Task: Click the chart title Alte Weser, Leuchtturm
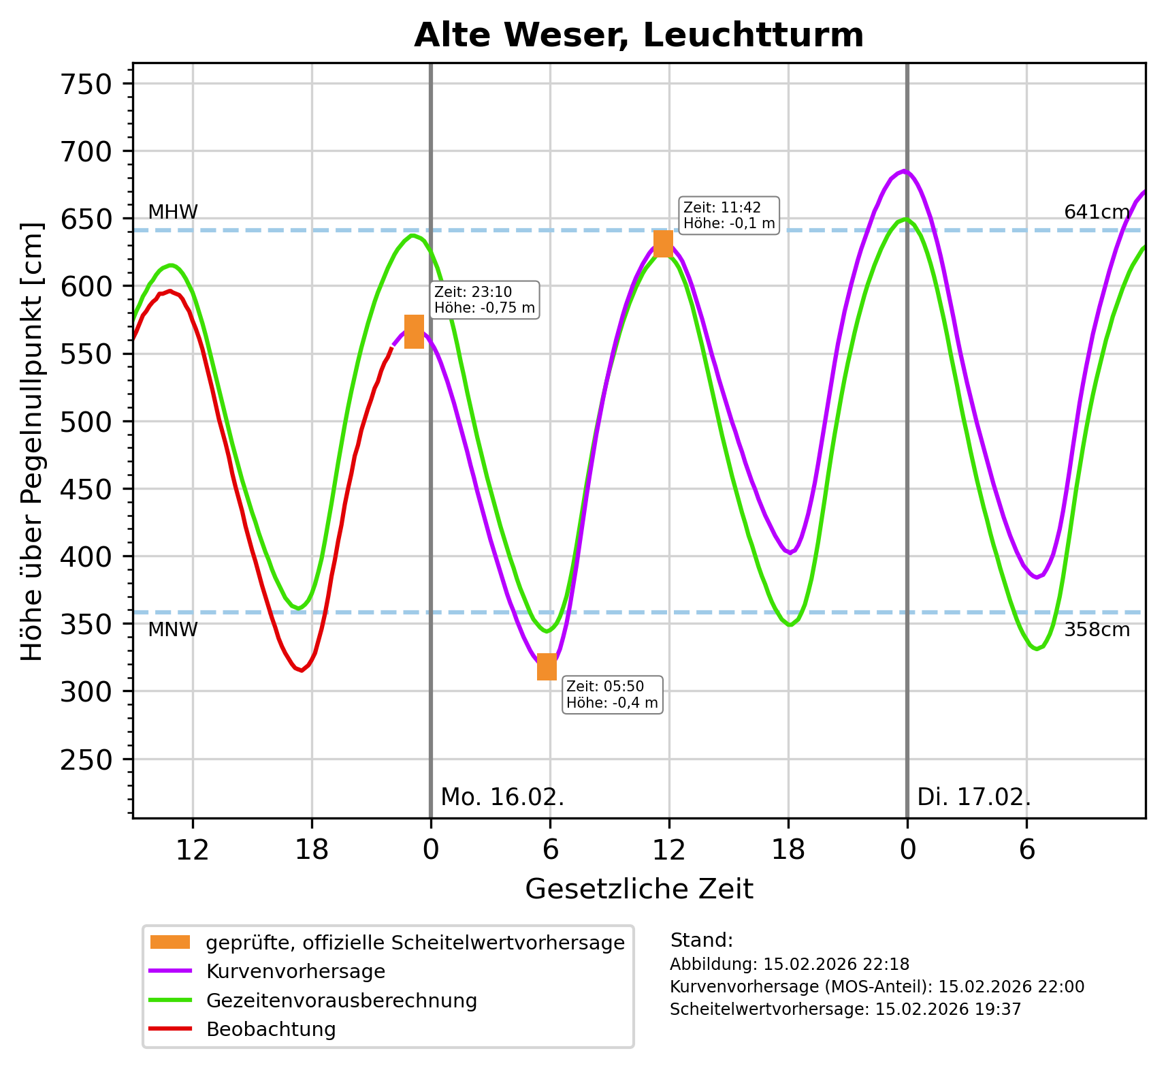[638, 35]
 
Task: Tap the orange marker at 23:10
[414, 332]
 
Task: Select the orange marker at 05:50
[547, 666]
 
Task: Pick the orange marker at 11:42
[663, 243]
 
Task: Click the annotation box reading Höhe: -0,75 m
[485, 300]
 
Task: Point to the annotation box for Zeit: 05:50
[612, 694]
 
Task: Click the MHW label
[173, 213]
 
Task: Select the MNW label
[173, 630]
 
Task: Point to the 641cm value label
[1097, 213]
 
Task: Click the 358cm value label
[1097, 630]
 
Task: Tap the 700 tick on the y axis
[86, 151]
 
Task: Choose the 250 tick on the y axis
[86, 759]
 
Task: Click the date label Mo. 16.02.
[502, 797]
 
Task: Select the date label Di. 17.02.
[974, 797]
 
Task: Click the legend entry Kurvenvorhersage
[295, 971]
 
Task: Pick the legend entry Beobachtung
[271, 1029]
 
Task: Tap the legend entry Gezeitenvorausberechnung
[341, 1001]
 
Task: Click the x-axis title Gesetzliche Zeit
[639, 890]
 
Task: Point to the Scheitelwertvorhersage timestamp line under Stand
[845, 1009]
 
